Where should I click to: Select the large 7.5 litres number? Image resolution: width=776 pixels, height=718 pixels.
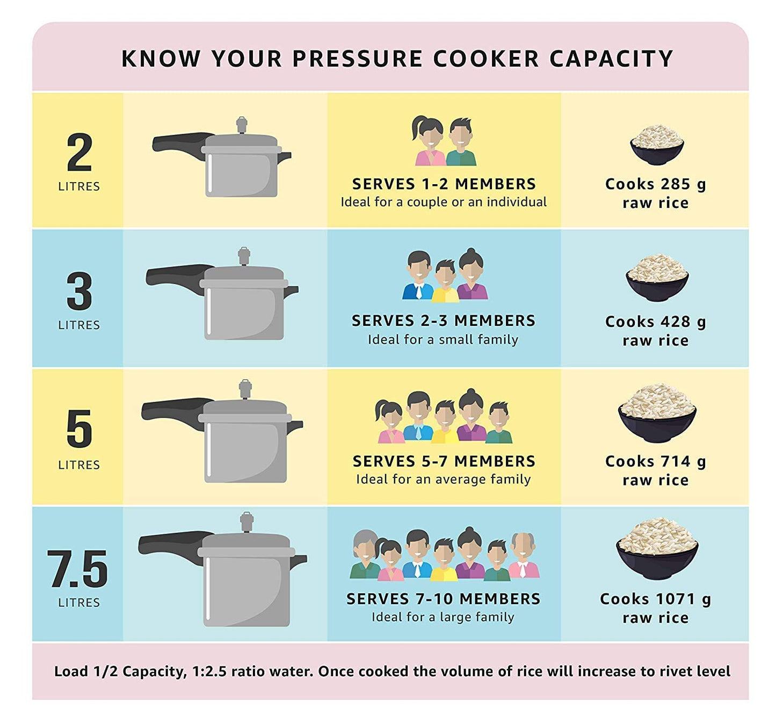pyautogui.click(x=78, y=569)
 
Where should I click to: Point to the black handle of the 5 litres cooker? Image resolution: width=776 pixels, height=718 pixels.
pyautogui.click(x=172, y=411)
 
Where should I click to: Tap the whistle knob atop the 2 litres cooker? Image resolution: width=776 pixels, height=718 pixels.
pyautogui.click(x=242, y=125)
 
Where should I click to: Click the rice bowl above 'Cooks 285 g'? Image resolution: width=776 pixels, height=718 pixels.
pyautogui.click(x=656, y=144)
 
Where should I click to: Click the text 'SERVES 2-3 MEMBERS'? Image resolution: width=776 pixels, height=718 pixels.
pyautogui.click(x=443, y=321)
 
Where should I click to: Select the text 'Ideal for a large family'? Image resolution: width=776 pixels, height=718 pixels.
pyautogui.click(x=443, y=617)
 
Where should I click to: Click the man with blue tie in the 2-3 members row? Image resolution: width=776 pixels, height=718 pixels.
pyautogui.click(x=418, y=275)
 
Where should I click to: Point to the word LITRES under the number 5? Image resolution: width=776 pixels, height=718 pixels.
pyautogui.click(x=79, y=465)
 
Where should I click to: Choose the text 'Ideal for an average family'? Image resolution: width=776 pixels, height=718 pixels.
pyautogui.click(x=443, y=479)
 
